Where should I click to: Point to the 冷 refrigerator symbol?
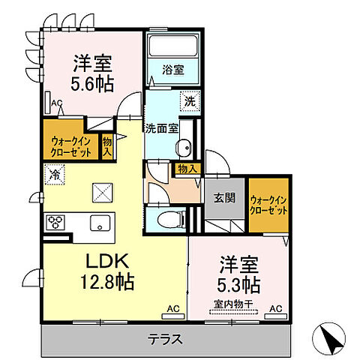pos(55,175)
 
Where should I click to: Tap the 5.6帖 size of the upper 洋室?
pos(92,83)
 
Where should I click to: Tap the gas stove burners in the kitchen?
pos(56,222)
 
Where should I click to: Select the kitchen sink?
pos(98,223)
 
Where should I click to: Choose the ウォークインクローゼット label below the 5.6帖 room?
pos(72,145)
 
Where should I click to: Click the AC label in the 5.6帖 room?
pos(56,104)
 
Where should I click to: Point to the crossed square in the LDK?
pos(100,193)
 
